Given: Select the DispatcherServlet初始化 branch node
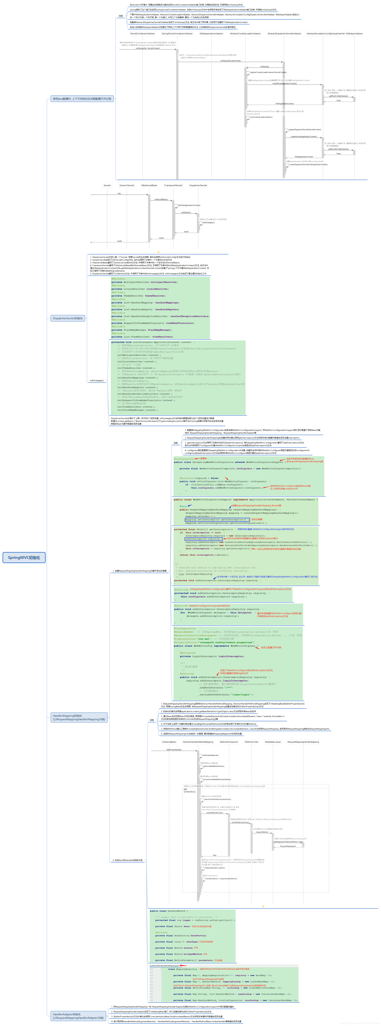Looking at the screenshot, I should tap(68, 318).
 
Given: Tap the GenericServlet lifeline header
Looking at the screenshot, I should tap(127, 185).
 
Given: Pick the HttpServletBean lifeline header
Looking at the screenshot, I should tap(149, 185).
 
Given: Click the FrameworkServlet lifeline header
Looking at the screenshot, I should tap(173, 185).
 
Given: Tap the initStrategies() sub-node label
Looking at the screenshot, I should tap(97, 380).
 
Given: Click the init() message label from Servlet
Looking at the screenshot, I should tap(119, 194).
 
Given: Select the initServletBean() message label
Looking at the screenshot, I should tap(161, 199).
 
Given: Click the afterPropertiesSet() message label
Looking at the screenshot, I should tap(174, 750).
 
